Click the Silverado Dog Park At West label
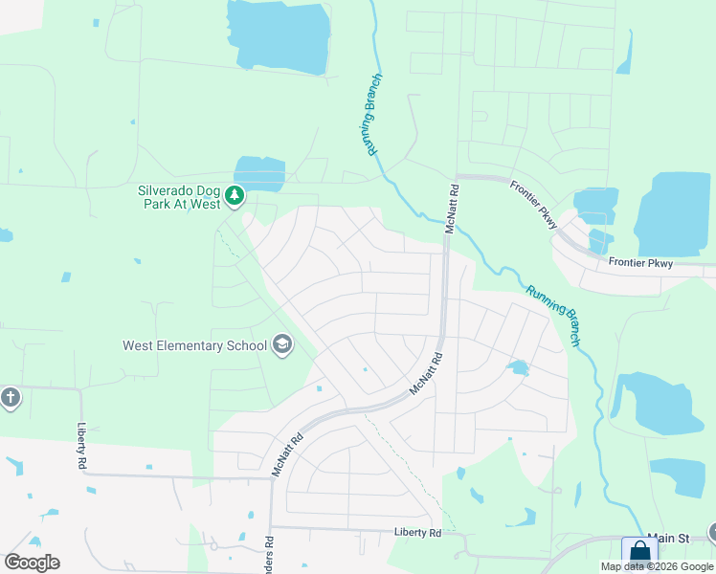tap(179, 197)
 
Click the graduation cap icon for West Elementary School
tap(281, 344)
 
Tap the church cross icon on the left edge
tap(10, 397)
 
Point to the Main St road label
tap(668, 539)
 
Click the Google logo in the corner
tap(32, 563)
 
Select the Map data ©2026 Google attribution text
tap(658, 566)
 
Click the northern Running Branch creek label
tap(372, 115)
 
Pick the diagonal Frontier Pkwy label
tap(534, 205)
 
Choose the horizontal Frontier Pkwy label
tap(641, 263)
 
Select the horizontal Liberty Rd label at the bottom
tap(417, 532)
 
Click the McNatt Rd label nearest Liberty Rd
tap(287, 455)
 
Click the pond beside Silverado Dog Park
tap(260, 173)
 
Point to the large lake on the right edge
tap(672, 214)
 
